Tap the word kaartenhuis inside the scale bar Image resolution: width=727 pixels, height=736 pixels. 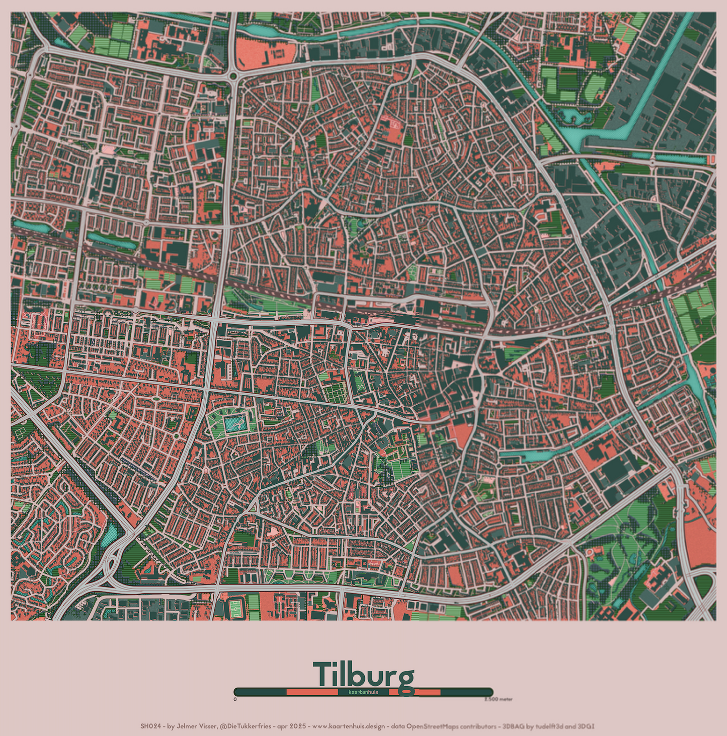(363, 692)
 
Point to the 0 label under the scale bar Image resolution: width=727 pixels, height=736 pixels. (235, 699)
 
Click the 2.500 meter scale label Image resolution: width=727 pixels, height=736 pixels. (498, 699)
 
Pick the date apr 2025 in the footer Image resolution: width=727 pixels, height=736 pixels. (292, 726)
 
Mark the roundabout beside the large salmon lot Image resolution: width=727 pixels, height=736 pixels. (233, 76)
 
